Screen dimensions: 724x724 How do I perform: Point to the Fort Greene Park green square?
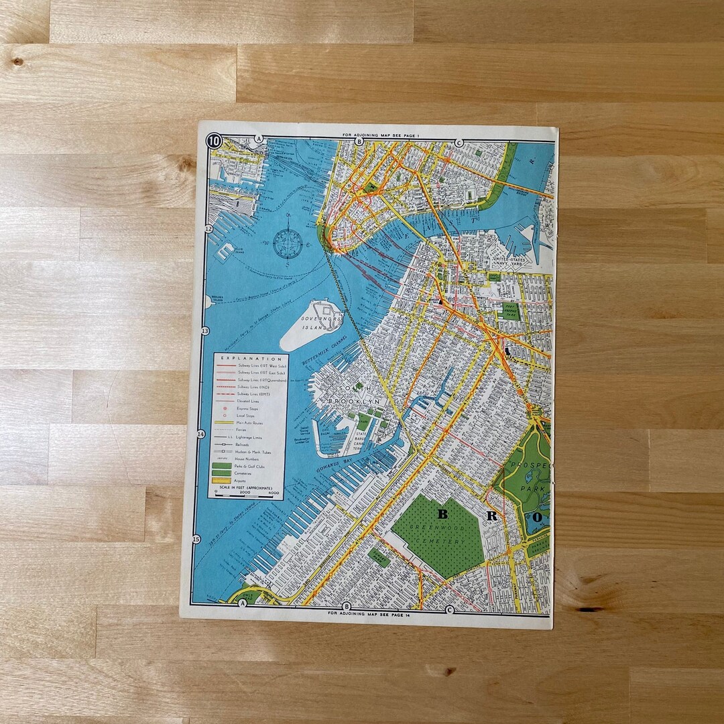pos(511,310)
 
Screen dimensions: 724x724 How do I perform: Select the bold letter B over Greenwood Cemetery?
pos(442,515)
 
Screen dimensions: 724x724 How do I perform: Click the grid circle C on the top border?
pos(459,142)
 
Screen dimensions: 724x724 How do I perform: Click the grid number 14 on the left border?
pos(200,434)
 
